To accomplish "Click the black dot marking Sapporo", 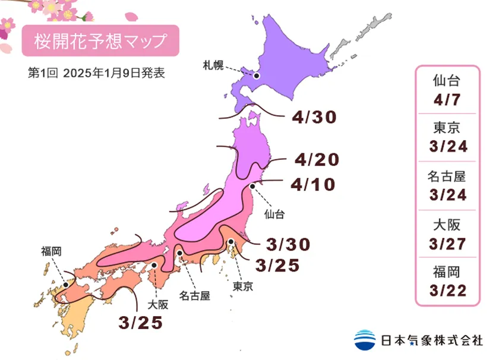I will (257, 75).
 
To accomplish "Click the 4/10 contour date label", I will (313, 185).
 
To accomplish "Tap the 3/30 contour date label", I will (289, 244).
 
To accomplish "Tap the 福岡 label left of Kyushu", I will (51, 251).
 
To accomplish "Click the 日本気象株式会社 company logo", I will (418, 340).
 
